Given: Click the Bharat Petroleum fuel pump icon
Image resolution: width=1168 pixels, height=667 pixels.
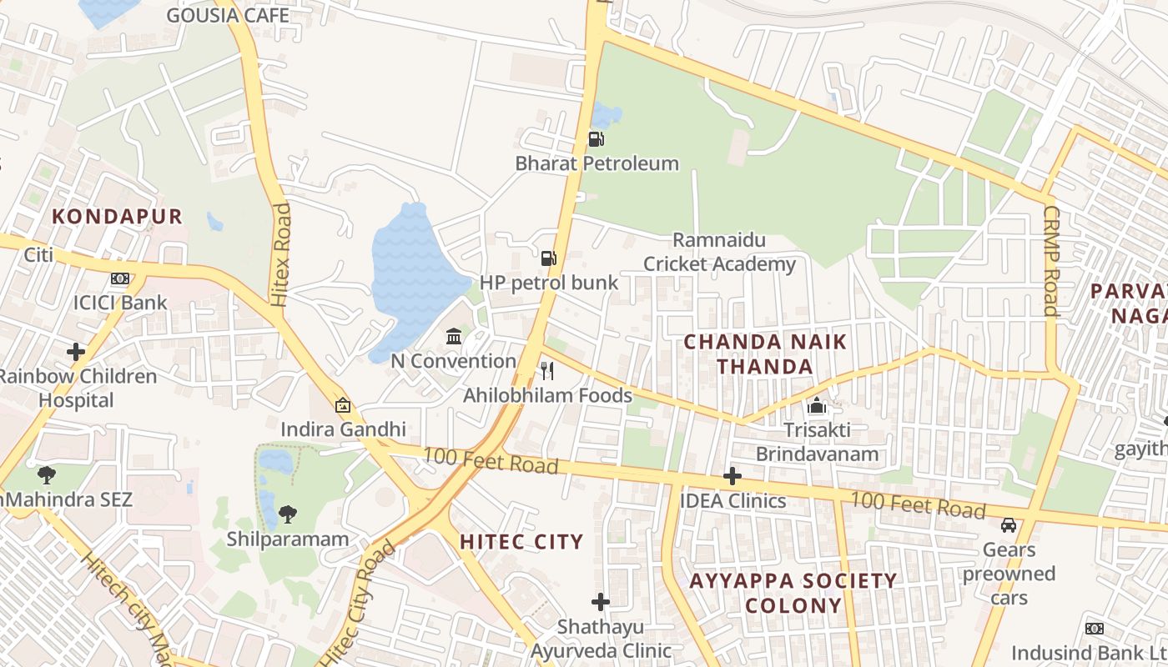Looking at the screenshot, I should [596, 139].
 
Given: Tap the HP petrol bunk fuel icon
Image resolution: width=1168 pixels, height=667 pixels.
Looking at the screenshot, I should [548, 258].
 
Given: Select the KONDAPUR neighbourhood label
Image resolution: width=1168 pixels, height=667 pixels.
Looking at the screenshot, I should [117, 217].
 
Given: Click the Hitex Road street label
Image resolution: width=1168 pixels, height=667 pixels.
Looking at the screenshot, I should [281, 254].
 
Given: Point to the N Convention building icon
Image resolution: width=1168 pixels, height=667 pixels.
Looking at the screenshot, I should [454, 336].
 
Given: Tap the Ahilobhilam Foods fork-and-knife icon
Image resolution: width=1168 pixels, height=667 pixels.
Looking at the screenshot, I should [547, 371].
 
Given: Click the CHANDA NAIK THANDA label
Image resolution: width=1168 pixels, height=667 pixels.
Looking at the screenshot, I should [765, 354].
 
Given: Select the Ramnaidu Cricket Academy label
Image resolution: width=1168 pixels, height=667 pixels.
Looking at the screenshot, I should [719, 253].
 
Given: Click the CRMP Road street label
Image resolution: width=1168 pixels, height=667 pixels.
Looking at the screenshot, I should [1050, 261].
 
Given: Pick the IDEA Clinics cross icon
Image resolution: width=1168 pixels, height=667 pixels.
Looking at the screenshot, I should [732, 476].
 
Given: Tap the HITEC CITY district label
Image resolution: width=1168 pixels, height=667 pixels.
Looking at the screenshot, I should [521, 542].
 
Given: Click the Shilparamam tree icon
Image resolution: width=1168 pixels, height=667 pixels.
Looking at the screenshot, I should [288, 514].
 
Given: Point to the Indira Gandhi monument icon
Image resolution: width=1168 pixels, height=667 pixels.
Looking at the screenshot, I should [343, 405].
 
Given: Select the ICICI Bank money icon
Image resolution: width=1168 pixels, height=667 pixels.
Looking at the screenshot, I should [120, 278].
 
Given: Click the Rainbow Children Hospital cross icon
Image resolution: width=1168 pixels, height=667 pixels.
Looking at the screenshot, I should [76, 352].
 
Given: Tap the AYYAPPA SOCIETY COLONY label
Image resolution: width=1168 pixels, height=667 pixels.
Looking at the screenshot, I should [793, 593].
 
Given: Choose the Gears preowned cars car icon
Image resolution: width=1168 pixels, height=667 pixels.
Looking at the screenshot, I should [1009, 525].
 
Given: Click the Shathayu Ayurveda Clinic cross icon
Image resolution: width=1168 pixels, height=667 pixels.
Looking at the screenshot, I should [601, 601].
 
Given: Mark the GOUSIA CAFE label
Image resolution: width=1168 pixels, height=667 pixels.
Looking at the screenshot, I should [228, 15].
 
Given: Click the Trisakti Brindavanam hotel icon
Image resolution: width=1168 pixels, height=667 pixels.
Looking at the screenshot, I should [817, 406].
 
